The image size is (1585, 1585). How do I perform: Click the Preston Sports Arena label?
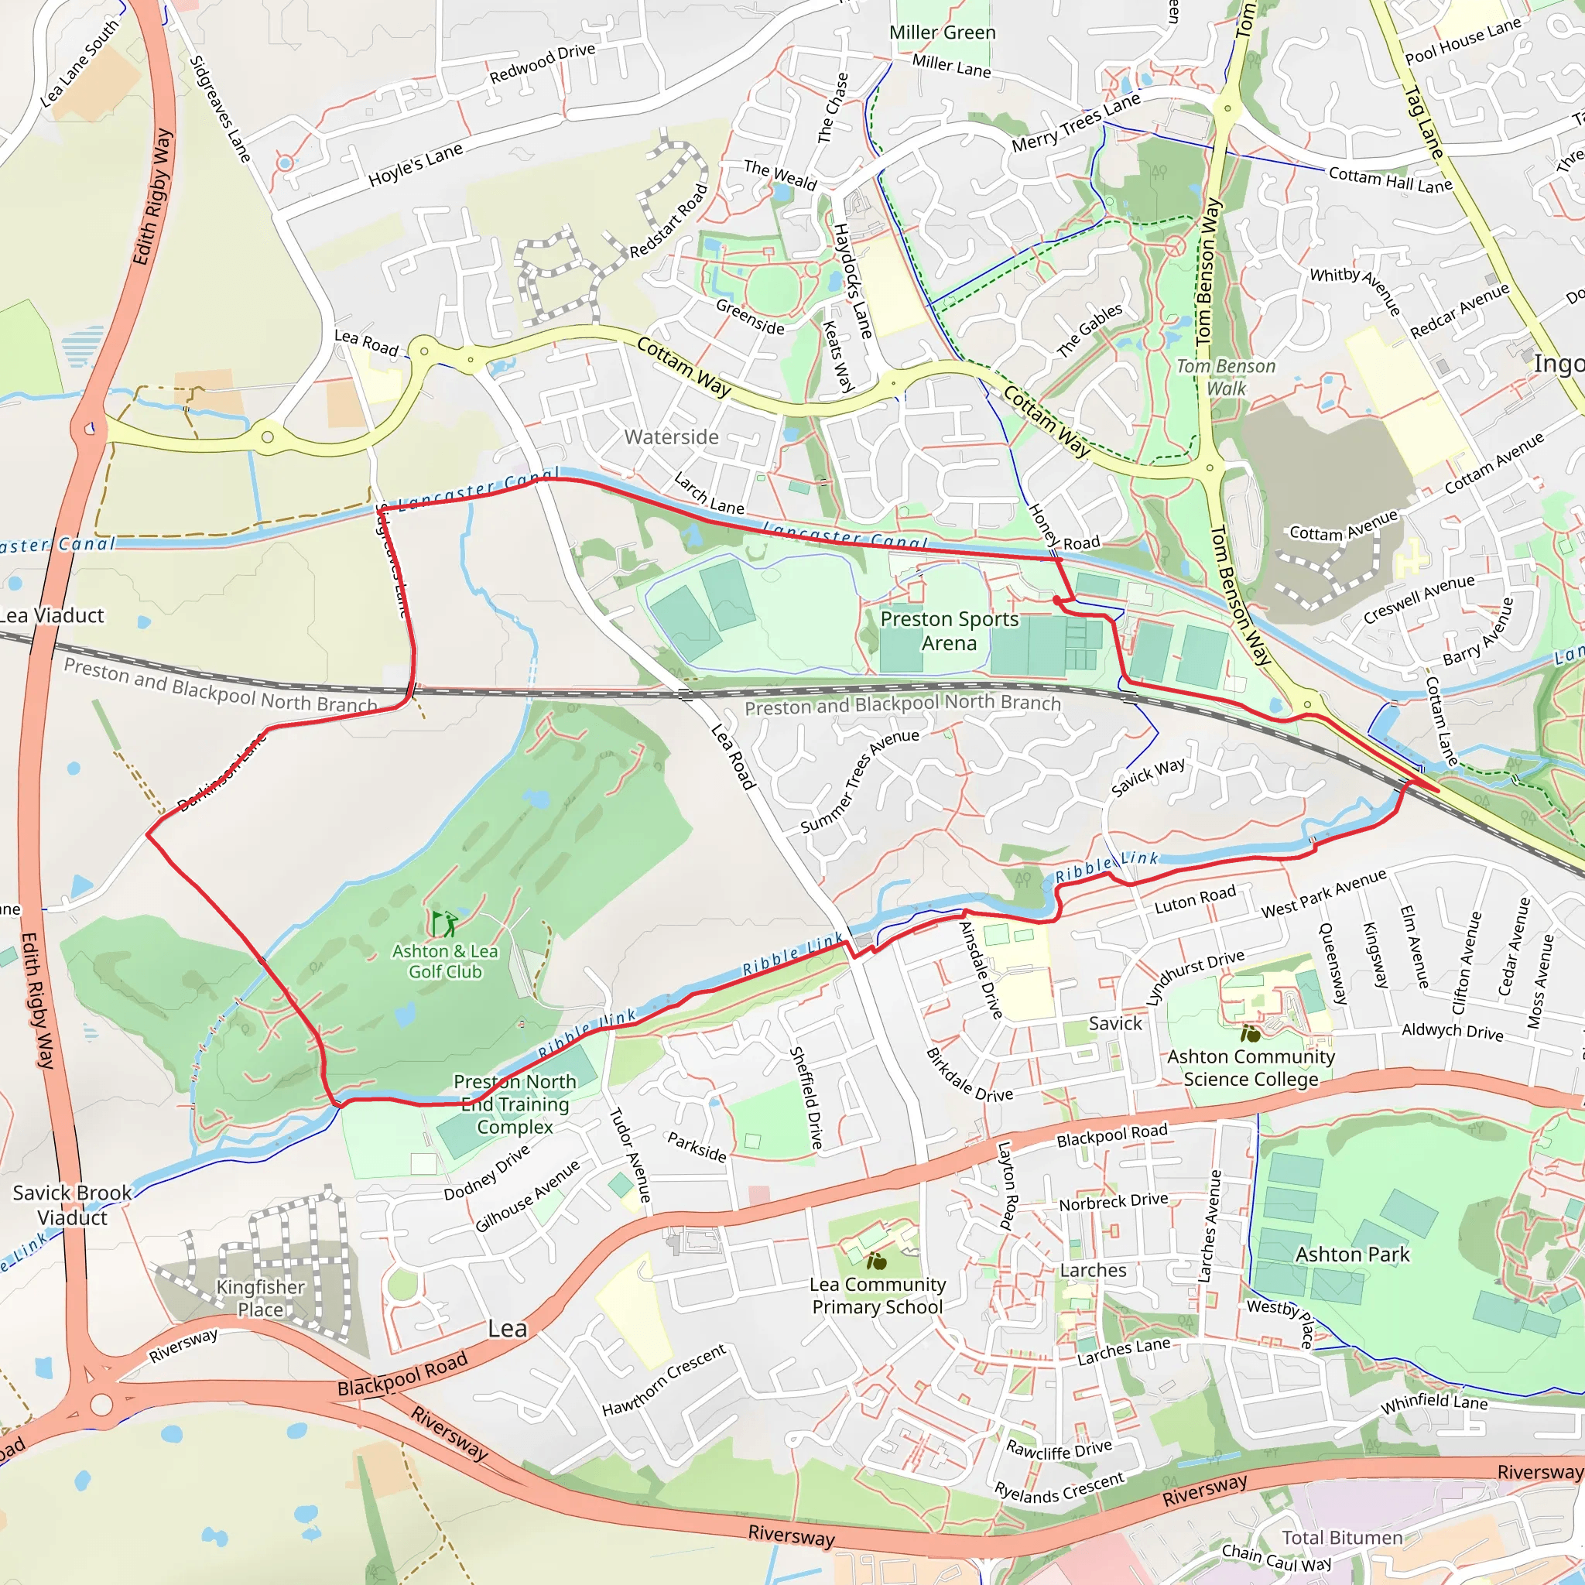point(949,630)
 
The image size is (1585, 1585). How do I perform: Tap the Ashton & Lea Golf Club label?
point(445,961)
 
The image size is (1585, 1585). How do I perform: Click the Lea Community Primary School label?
point(877,1296)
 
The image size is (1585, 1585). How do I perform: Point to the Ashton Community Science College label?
point(1251,1067)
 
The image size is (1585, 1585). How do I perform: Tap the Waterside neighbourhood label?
point(671,437)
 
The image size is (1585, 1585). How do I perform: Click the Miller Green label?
point(942,33)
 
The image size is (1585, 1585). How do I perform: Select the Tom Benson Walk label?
point(1226,378)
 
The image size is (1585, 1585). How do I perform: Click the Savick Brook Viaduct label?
point(72,1204)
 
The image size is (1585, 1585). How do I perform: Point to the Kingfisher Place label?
point(260,1298)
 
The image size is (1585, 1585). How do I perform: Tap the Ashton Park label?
point(1352,1255)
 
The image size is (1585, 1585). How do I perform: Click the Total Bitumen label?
point(1342,1538)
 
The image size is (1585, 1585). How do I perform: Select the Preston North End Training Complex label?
point(515,1104)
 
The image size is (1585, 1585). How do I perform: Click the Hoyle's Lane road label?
point(415,165)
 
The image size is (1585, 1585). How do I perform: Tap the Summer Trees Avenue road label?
point(859,781)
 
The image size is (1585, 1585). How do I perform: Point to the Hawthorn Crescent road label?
point(664,1380)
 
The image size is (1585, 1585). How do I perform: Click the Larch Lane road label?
point(709,492)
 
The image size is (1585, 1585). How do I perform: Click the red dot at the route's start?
point(1056,601)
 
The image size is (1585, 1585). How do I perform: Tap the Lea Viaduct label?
point(51,616)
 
